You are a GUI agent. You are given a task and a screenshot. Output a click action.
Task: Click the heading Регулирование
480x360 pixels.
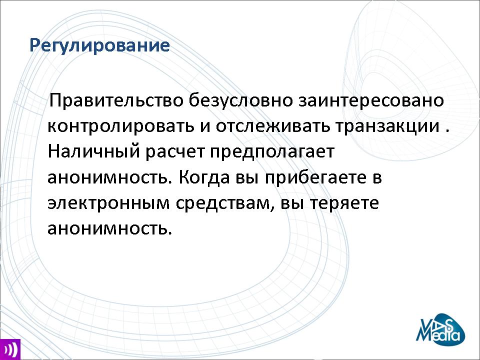coord(99,46)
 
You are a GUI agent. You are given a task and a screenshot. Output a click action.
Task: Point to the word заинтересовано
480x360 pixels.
coord(371,100)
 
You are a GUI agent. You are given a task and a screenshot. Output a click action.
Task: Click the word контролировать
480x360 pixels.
coord(121,126)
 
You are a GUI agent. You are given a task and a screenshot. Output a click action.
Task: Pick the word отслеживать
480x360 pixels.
coord(273,126)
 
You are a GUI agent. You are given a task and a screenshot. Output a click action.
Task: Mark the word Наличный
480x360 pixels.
coord(93,151)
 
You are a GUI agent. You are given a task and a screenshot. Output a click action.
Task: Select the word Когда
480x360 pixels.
coord(203,177)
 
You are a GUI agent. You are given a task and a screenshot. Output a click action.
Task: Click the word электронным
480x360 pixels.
coord(108,203)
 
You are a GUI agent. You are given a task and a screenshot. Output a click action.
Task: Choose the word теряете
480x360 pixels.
coord(344,203)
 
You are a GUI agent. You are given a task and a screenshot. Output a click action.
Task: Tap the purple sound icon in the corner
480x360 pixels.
coord(10,349)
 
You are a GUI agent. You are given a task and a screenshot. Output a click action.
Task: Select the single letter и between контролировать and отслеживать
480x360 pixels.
coord(205,126)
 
